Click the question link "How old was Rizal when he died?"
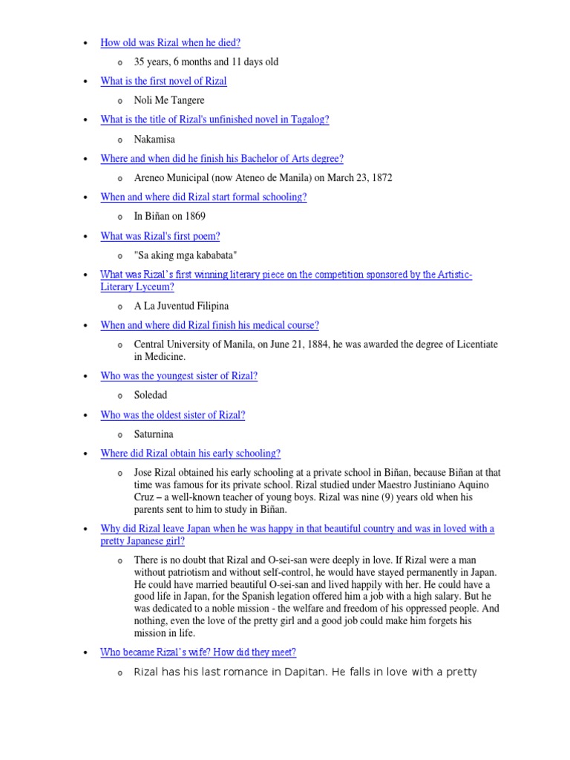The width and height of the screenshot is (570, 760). pos(170,43)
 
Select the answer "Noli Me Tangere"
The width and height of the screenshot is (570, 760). pos(168,100)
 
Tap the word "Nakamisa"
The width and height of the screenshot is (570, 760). pos(154,139)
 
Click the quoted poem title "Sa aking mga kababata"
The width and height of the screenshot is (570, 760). pos(186,255)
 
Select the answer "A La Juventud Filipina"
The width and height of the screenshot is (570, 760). pos(181,306)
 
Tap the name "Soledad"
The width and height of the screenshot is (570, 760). pos(151,396)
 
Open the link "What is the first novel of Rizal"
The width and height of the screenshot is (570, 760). pos(163,81)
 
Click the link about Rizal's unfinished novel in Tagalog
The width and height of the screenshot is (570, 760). pos(214,119)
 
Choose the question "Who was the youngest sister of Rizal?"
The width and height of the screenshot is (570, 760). pos(179,376)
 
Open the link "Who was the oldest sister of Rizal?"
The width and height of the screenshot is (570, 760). pos(172,415)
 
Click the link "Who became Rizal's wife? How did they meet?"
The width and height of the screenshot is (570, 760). pos(198,652)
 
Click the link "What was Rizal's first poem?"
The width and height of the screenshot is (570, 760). pos(160,236)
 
